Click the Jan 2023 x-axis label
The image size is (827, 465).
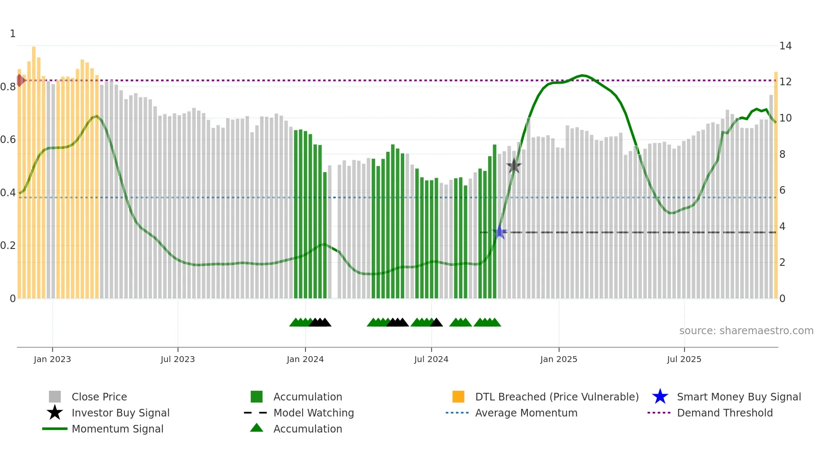click(52, 359)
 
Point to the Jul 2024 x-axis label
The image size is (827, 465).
click(431, 359)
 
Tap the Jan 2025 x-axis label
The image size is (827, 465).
click(559, 359)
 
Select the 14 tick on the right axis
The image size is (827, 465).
click(785, 46)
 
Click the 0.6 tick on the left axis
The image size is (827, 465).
click(8, 140)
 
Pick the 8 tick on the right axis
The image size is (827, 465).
click(782, 154)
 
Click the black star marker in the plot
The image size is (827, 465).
click(513, 166)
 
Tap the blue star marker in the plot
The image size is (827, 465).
click(500, 232)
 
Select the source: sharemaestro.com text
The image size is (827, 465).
click(746, 331)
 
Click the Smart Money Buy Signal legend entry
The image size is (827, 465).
click(738, 397)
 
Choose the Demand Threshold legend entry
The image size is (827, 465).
click(724, 413)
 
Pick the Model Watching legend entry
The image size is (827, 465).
click(313, 413)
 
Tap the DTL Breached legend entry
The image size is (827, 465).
click(557, 397)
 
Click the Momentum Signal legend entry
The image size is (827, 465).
click(117, 429)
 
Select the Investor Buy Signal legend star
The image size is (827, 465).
click(55, 413)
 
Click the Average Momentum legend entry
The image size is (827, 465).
click(526, 413)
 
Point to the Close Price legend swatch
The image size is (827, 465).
click(55, 397)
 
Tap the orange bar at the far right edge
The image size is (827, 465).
click(776, 186)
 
